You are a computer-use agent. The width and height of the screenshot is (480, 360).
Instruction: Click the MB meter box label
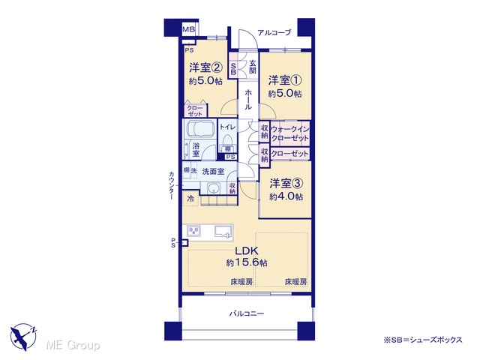coord(188,29)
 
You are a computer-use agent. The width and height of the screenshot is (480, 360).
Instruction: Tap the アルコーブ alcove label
coord(274,32)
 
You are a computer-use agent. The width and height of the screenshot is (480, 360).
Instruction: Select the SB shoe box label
coord(233,69)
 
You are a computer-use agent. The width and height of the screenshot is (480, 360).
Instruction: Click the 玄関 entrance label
coord(253,67)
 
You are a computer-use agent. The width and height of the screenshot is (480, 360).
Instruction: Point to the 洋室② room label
coord(205,67)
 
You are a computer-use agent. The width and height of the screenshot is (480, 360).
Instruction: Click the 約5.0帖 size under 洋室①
coord(285,93)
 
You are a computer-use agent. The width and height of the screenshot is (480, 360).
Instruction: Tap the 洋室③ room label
coord(286,183)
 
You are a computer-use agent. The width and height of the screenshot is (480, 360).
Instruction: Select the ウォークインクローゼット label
coord(289,133)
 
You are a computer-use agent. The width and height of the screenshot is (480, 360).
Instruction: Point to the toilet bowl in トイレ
coord(227,141)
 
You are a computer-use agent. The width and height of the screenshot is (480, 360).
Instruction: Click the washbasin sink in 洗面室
coord(212,188)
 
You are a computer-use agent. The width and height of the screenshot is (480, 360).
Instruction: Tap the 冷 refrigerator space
coord(190,199)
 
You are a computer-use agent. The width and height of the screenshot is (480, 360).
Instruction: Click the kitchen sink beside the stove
coord(223,232)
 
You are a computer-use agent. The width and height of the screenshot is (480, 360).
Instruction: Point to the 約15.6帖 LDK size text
coord(247,262)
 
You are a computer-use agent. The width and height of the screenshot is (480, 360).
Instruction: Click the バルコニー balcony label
coord(247,313)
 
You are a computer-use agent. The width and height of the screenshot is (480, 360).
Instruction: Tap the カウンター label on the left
coord(172,185)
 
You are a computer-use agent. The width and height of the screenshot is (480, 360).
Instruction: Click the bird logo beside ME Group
coord(23,337)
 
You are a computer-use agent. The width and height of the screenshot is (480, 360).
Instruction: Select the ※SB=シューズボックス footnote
coord(423,340)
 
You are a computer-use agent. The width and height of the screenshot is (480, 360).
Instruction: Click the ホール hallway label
coord(248,100)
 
